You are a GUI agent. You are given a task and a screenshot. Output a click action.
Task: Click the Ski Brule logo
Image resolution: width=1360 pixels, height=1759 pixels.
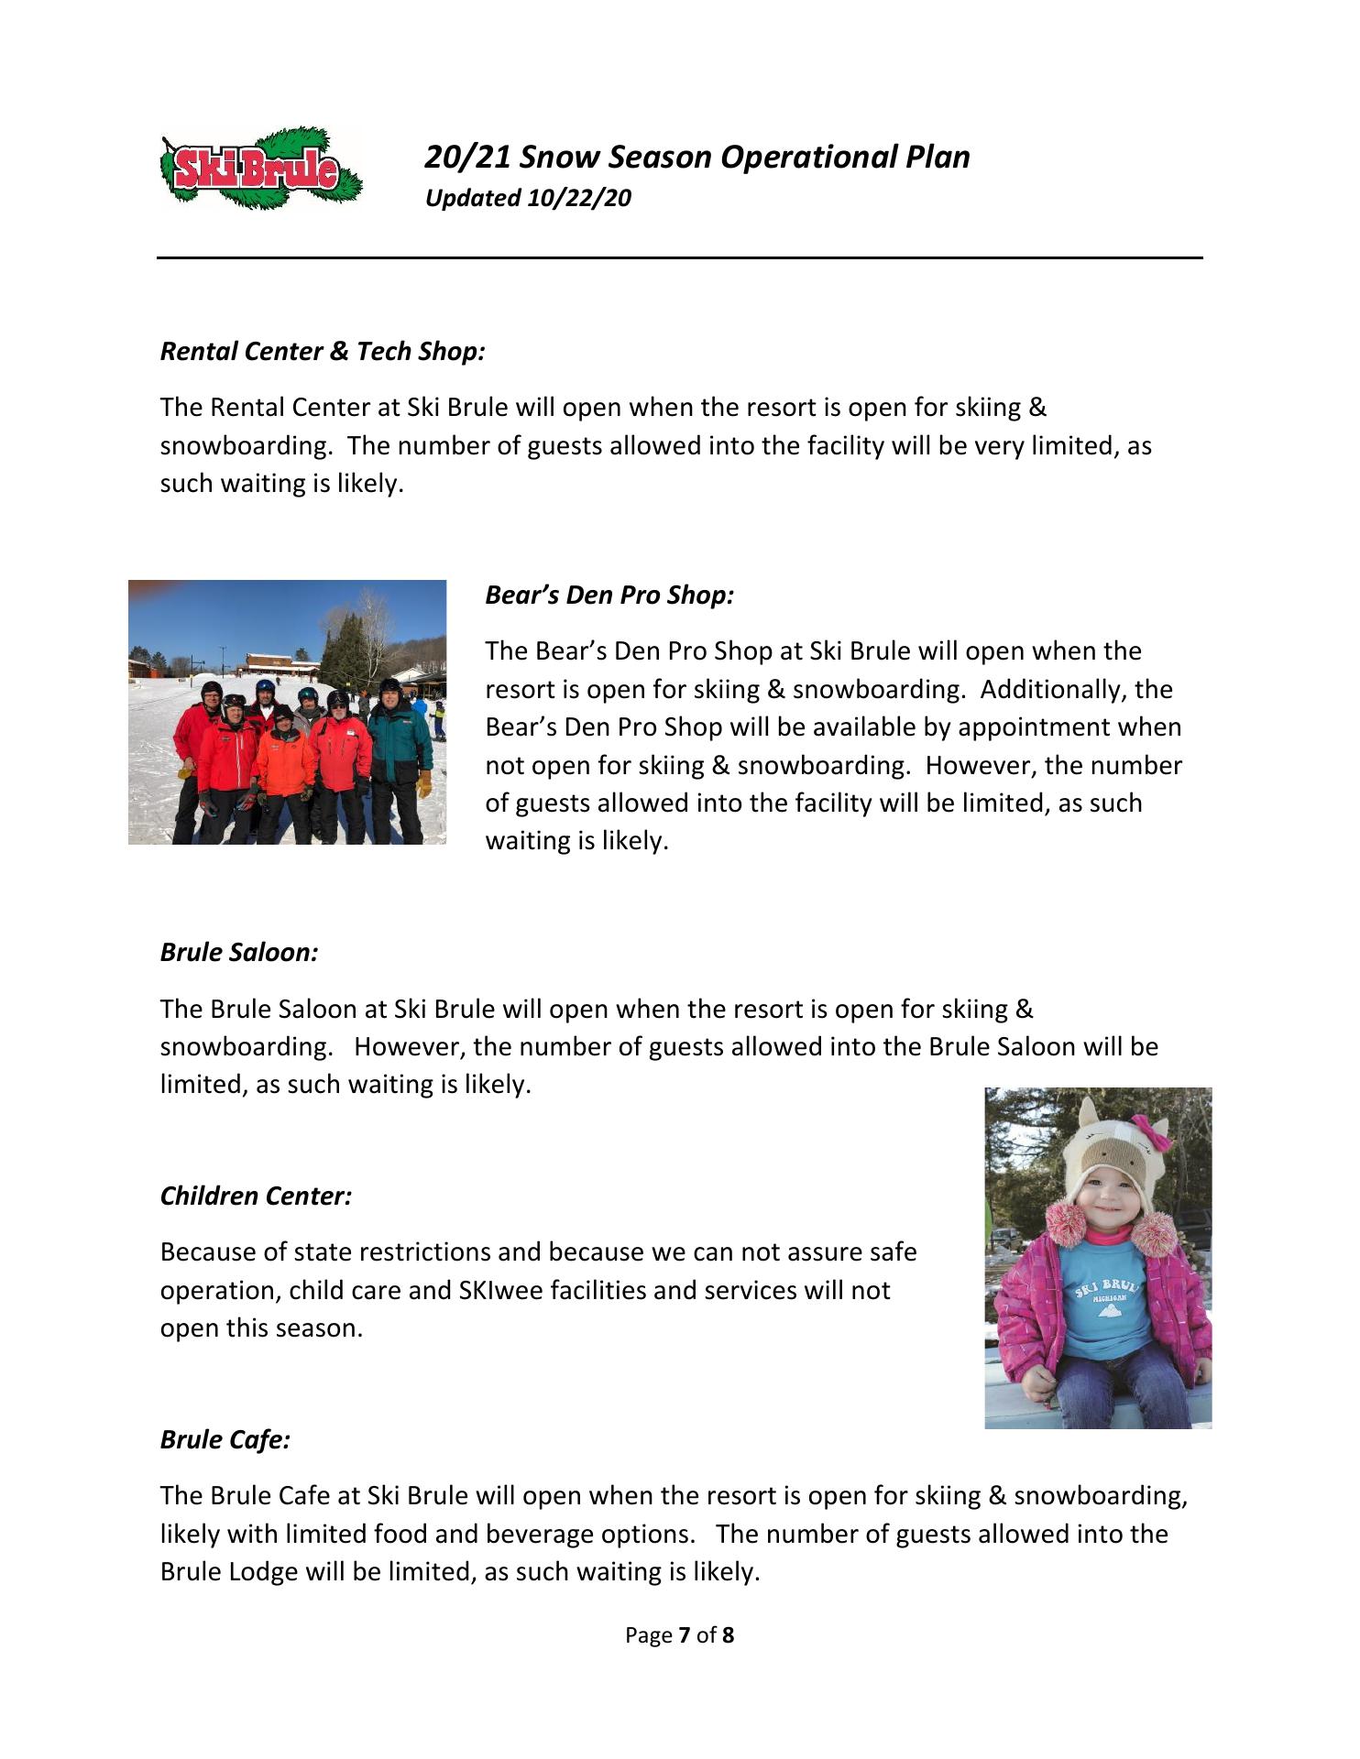coord(261,169)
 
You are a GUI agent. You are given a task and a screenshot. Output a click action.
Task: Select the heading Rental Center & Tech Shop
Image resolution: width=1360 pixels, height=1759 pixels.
coord(323,352)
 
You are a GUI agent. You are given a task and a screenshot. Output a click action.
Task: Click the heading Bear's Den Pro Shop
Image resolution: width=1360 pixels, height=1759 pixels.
coord(609,595)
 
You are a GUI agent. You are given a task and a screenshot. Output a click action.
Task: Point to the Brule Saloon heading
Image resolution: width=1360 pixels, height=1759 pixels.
coord(239,953)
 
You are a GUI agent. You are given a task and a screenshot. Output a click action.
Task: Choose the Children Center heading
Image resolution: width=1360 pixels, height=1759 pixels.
coord(256,1196)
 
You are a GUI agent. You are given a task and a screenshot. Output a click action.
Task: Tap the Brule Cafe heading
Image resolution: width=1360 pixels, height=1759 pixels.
coord(225,1440)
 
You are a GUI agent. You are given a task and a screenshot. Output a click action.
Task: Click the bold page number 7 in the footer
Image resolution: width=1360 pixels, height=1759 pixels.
coord(684,1635)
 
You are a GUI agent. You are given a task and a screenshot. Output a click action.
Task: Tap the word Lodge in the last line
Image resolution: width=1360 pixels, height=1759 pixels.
coord(264,1572)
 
